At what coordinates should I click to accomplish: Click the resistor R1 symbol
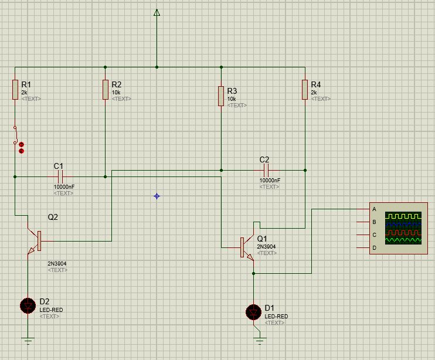tap(15, 90)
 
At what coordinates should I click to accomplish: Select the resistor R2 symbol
tap(105, 90)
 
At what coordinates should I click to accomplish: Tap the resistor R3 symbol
tap(221, 94)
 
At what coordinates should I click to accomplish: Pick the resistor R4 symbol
tap(305, 90)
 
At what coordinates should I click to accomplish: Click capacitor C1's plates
tap(60, 176)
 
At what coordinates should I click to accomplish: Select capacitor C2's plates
tap(266, 170)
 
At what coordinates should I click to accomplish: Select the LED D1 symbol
tap(253, 312)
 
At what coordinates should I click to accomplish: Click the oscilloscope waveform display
tap(403, 227)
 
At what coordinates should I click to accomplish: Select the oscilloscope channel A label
tap(374, 209)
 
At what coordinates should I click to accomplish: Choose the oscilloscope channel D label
tap(374, 247)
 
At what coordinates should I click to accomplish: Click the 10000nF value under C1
tap(64, 186)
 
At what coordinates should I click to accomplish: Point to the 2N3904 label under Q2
tap(57, 264)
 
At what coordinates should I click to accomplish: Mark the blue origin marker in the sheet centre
tap(157, 196)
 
